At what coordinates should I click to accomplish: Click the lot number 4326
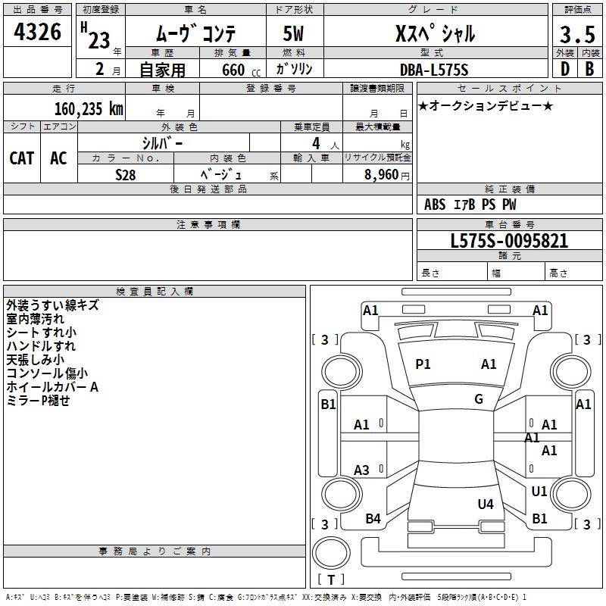click(37, 33)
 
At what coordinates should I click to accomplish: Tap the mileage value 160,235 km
click(89, 108)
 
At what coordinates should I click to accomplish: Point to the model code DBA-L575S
click(434, 70)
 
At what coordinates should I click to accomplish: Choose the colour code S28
click(126, 174)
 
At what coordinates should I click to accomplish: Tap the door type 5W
click(294, 34)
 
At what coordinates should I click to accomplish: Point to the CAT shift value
click(21, 158)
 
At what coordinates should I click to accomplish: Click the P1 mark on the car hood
click(423, 364)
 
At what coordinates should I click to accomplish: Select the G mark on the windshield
click(479, 399)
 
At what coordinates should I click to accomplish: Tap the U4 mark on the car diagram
click(486, 504)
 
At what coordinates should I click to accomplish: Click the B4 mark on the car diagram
click(373, 519)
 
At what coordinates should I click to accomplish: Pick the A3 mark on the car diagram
click(362, 470)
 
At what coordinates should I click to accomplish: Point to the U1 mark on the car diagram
click(539, 492)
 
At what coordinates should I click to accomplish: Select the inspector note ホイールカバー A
click(52, 387)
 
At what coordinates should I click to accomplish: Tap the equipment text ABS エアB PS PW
click(470, 205)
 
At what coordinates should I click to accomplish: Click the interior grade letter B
click(589, 69)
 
